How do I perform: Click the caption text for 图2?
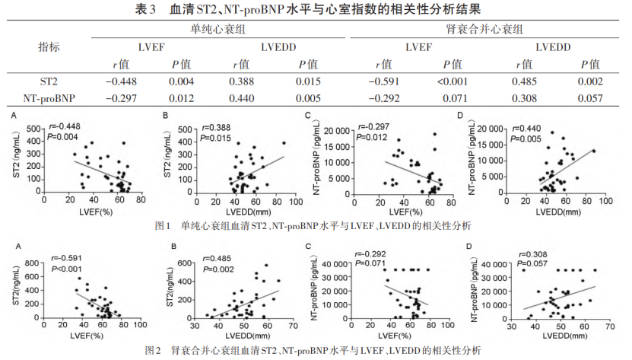click(x=316, y=350)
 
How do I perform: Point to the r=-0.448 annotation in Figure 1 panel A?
click(x=66, y=127)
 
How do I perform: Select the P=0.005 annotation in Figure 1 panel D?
click(x=524, y=138)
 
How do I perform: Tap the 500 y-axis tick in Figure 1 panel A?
click(x=33, y=128)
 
